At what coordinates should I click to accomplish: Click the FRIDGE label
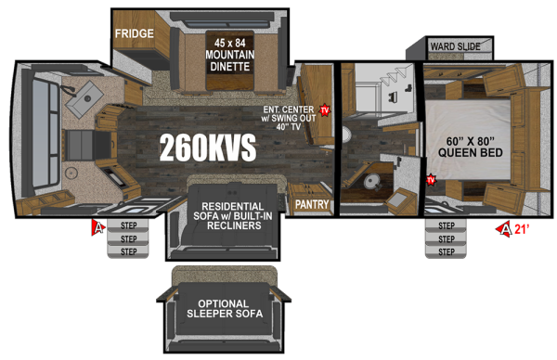(x=134, y=33)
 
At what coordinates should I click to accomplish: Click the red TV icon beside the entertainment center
(x=325, y=109)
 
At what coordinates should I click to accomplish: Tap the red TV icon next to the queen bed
(x=431, y=180)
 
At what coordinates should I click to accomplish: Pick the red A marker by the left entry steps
(x=96, y=225)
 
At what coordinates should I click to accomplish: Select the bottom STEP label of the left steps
(x=128, y=251)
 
